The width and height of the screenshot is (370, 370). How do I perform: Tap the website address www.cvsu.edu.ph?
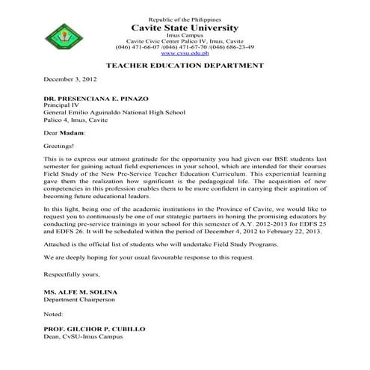185,53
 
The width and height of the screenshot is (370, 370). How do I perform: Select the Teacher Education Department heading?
185,66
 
